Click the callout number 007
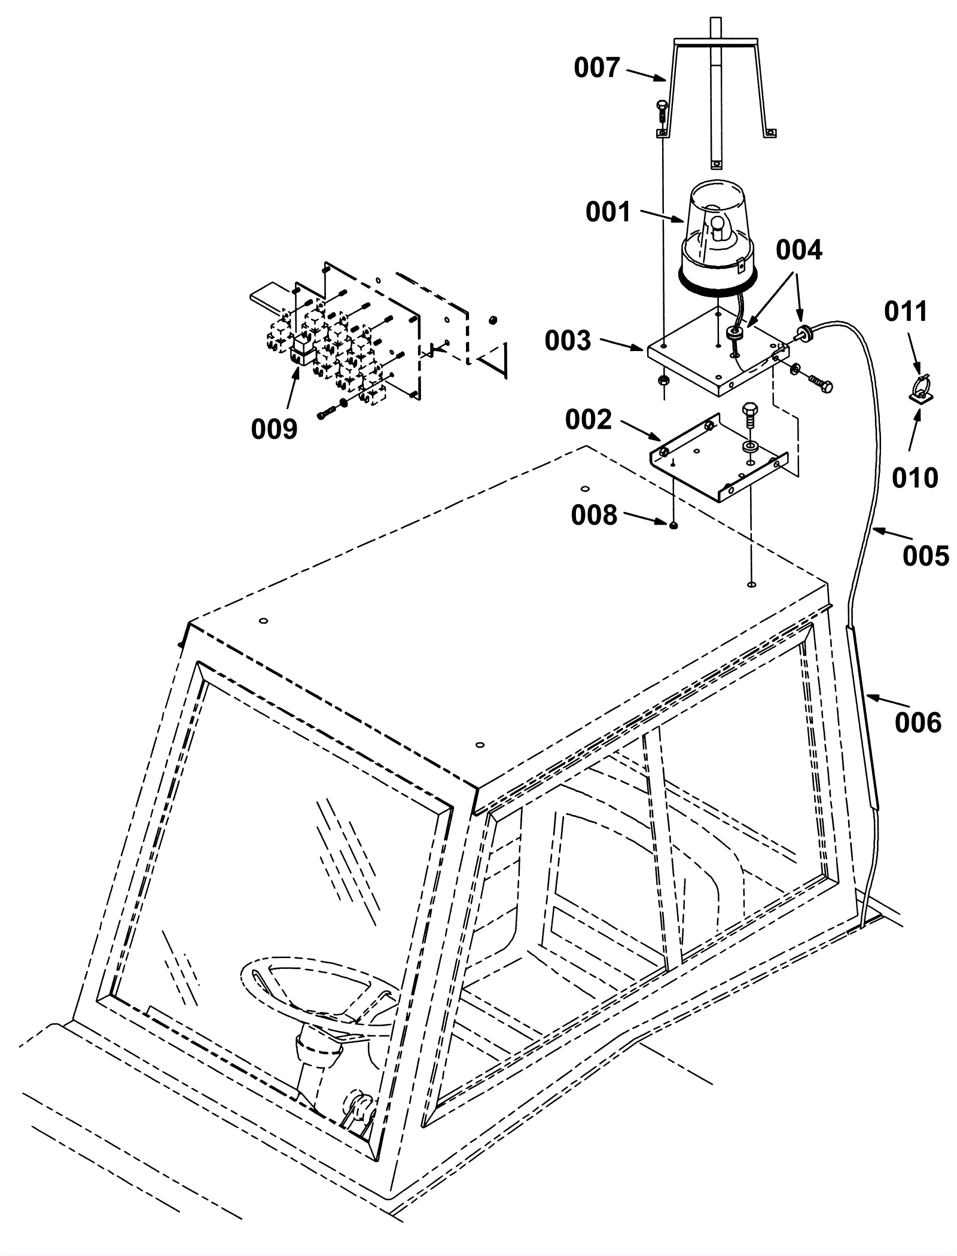click(x=596, y=68)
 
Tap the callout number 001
click(x=608, y=212)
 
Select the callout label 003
click(x=568, y=340)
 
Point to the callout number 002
click(x=589, y=420)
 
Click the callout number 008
click(x=594, y=515)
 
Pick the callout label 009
click(x=274, y=429)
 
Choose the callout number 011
click(x=906, y=312)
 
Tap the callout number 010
click(x=915, y=478)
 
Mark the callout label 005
click(x=926, y=556)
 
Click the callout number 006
click(x=918, y=723)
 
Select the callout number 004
click(x=799, y=251)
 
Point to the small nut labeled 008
click(x=673, y=525)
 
